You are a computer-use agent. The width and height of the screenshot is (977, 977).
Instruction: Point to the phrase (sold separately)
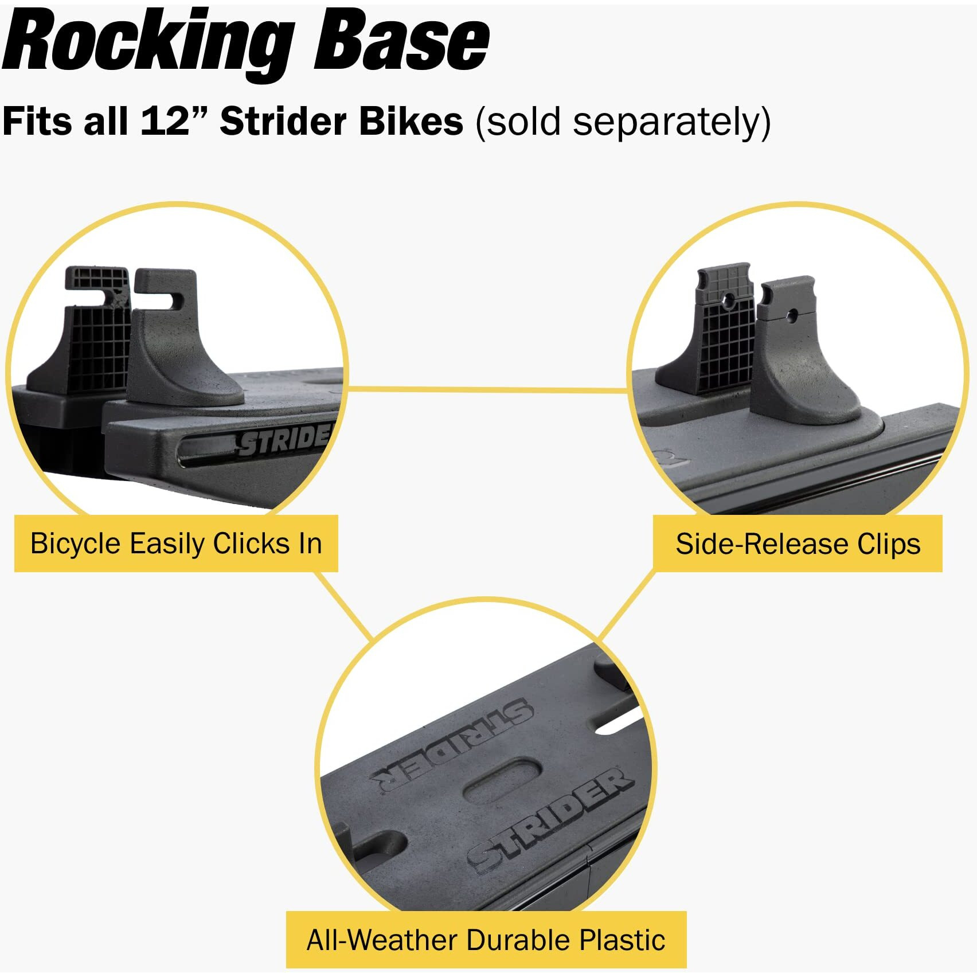pyautogui.click(x=623, y=122)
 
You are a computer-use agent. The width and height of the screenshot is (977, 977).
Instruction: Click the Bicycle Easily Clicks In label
pyautogui.click(x=176, y=544)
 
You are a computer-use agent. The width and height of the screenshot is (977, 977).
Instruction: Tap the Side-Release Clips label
pyautogui.click(x=798, y=544)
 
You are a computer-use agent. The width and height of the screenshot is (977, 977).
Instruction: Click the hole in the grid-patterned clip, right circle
pyautogui.click(x=729, y=300)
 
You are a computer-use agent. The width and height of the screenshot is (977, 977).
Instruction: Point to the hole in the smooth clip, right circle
pyautogui.click(x=793, y=314)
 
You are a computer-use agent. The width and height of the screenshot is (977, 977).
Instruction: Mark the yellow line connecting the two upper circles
pyautogui.click(x=487, y=390)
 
